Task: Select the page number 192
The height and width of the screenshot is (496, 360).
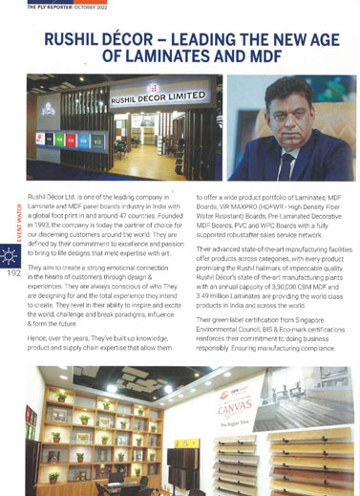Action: pos(13,272)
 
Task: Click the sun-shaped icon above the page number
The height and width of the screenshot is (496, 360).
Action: pos(13,255)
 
